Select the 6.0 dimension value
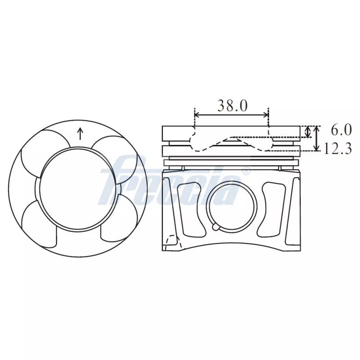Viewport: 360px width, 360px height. pyautogui.click(x=341, y=130)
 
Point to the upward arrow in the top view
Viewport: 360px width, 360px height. pyautogui.click(x=81, y=133)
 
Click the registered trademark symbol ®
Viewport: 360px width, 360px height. pyautogui.click(x=246, y=171)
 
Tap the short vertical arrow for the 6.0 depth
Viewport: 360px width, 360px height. pyautogui.click(x=308, y=131)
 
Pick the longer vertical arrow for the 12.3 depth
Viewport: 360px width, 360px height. pyautogui.click(x=317, y=139)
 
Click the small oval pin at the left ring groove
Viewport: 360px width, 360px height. pyautogui.click(x=183, y=168)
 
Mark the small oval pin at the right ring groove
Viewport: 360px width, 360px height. pyautogui.click(x=279, y=168)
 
